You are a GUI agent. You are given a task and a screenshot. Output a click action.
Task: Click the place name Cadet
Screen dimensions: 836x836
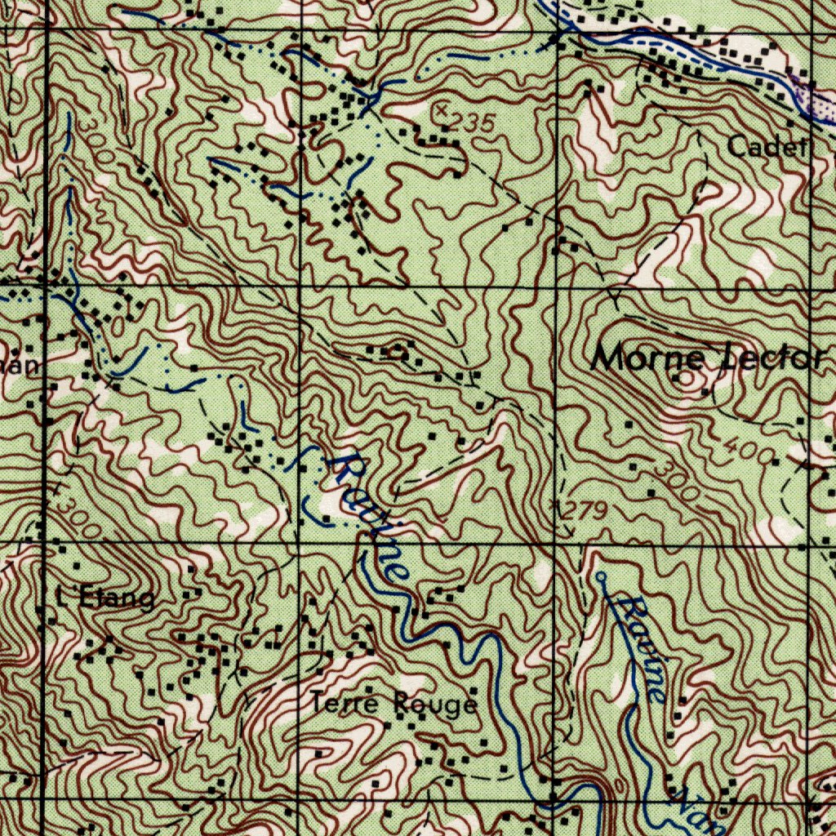pyautogui.click(x=768, y=147)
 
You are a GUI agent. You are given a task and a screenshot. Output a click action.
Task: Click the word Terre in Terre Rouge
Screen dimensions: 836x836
pyautogui.click(x=344, y=702)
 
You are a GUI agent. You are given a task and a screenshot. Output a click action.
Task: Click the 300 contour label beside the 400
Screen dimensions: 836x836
pyautogui.click(x=678, y=482)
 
